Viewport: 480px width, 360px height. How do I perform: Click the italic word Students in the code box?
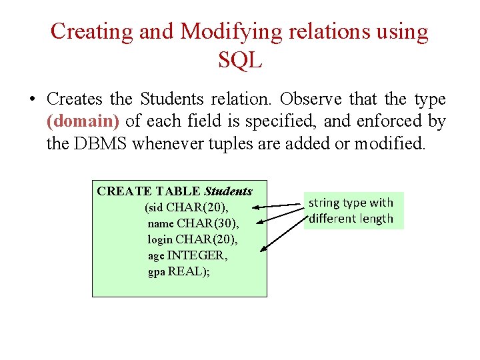[228, 191]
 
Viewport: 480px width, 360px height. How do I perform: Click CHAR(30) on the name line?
[207, 223]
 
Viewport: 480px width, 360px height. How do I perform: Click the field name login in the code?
[160, 239]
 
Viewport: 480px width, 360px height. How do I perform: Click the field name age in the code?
[156, 255]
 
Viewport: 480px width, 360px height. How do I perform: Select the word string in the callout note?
[323, 203]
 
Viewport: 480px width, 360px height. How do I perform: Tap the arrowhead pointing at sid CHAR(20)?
[256, 208]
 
